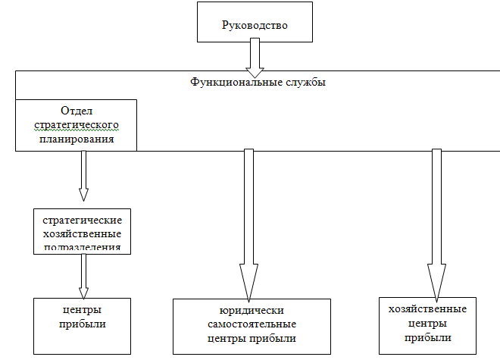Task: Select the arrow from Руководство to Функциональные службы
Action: coord(255,55)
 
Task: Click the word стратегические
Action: coord(82,219)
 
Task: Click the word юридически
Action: coord(251,311)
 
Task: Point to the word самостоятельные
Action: coord(251,325)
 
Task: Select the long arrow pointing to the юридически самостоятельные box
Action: coord(246,227)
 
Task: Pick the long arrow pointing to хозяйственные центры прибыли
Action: coord(436,227)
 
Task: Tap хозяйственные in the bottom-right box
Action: coord(427,309)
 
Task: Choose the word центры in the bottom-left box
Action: coord(82,310)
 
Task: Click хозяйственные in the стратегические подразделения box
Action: coord(82,233)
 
